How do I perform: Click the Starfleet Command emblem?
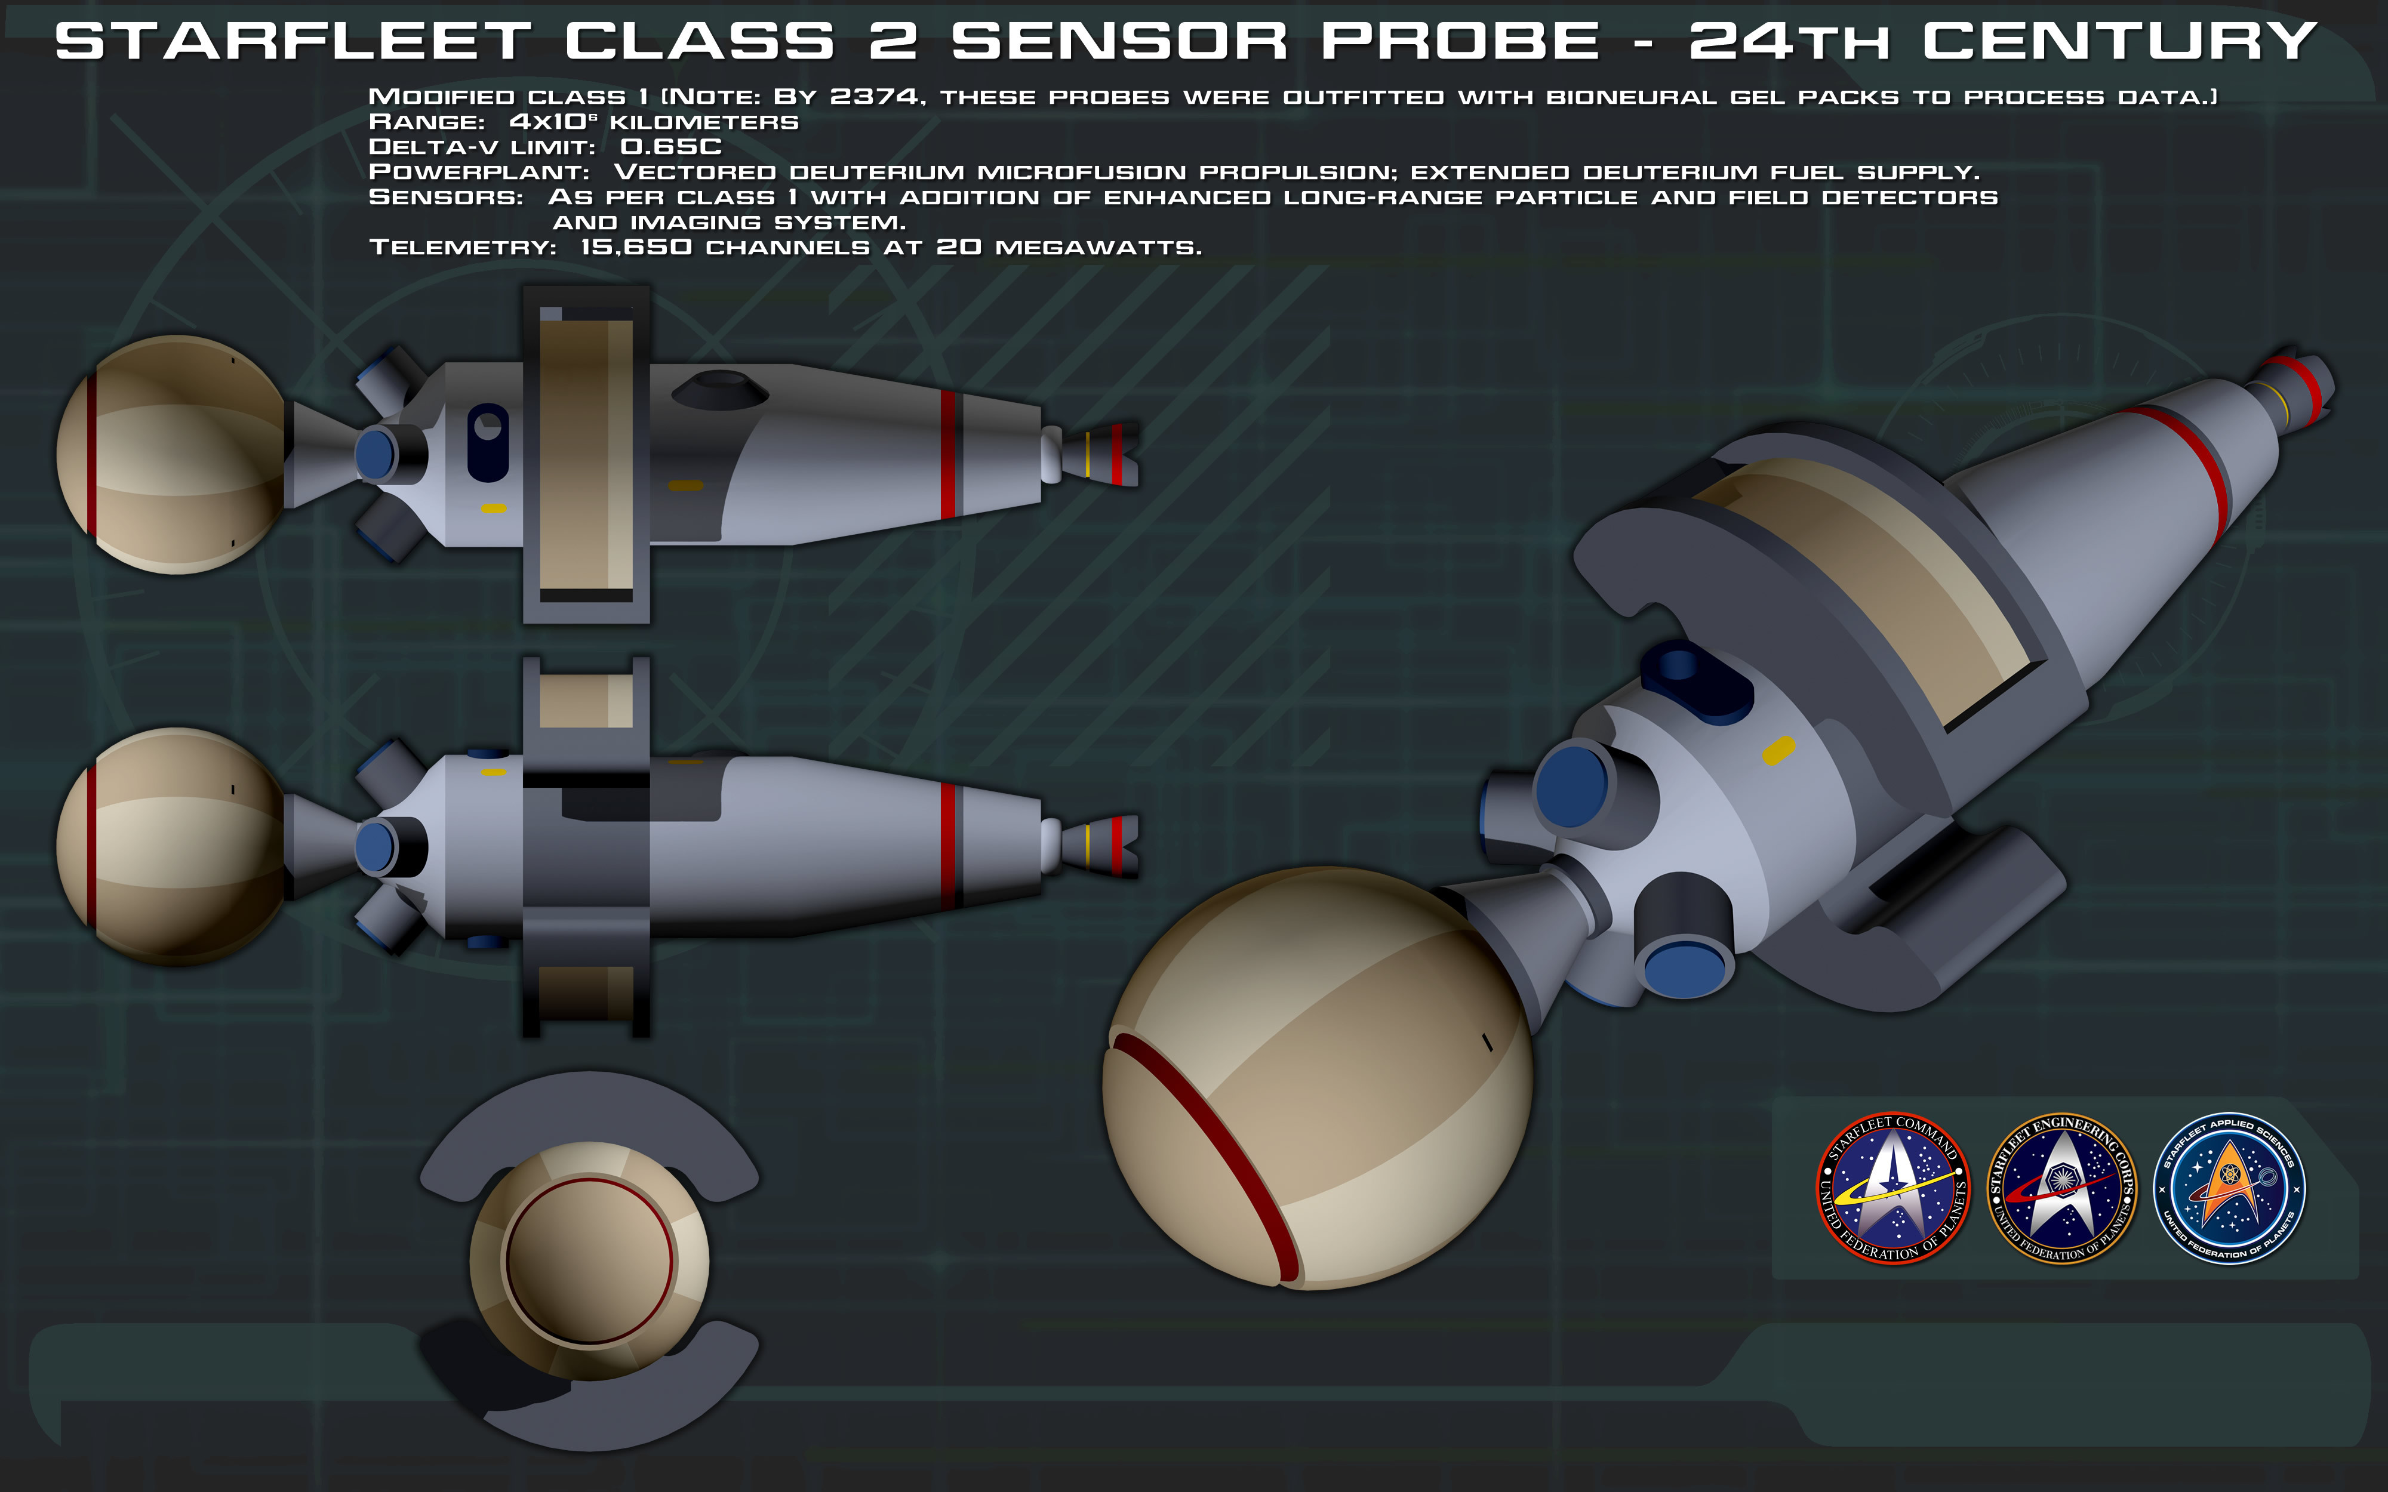1892,1188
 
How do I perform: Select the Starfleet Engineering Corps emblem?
2060,1188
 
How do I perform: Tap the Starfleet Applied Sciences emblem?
2228,1188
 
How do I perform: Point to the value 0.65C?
671,147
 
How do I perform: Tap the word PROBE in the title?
1460,41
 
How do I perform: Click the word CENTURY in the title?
2119,41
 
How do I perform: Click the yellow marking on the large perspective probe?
1778,750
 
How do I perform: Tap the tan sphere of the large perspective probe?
1318,1078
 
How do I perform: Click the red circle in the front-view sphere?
589,1260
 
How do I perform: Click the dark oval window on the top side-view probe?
488,442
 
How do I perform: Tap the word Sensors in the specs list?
446,198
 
